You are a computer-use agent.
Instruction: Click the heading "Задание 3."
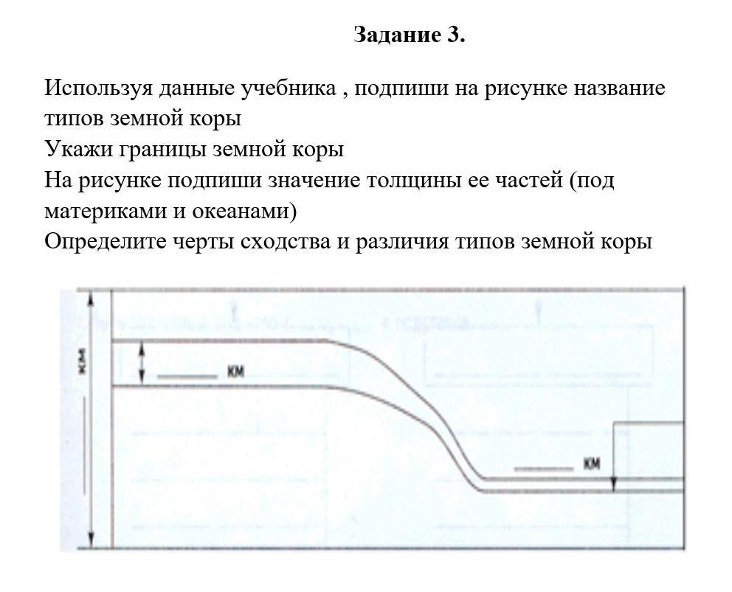[x=410, y=35]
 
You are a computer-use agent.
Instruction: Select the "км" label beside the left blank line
[x=235, y=372]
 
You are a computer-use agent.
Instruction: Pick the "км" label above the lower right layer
[x=591, y=464]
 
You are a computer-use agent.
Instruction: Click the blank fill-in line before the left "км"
[x=187, y=377]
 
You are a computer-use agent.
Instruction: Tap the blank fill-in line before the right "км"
[x=543, y=469]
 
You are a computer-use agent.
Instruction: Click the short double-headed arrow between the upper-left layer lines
[x=142, y=363]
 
